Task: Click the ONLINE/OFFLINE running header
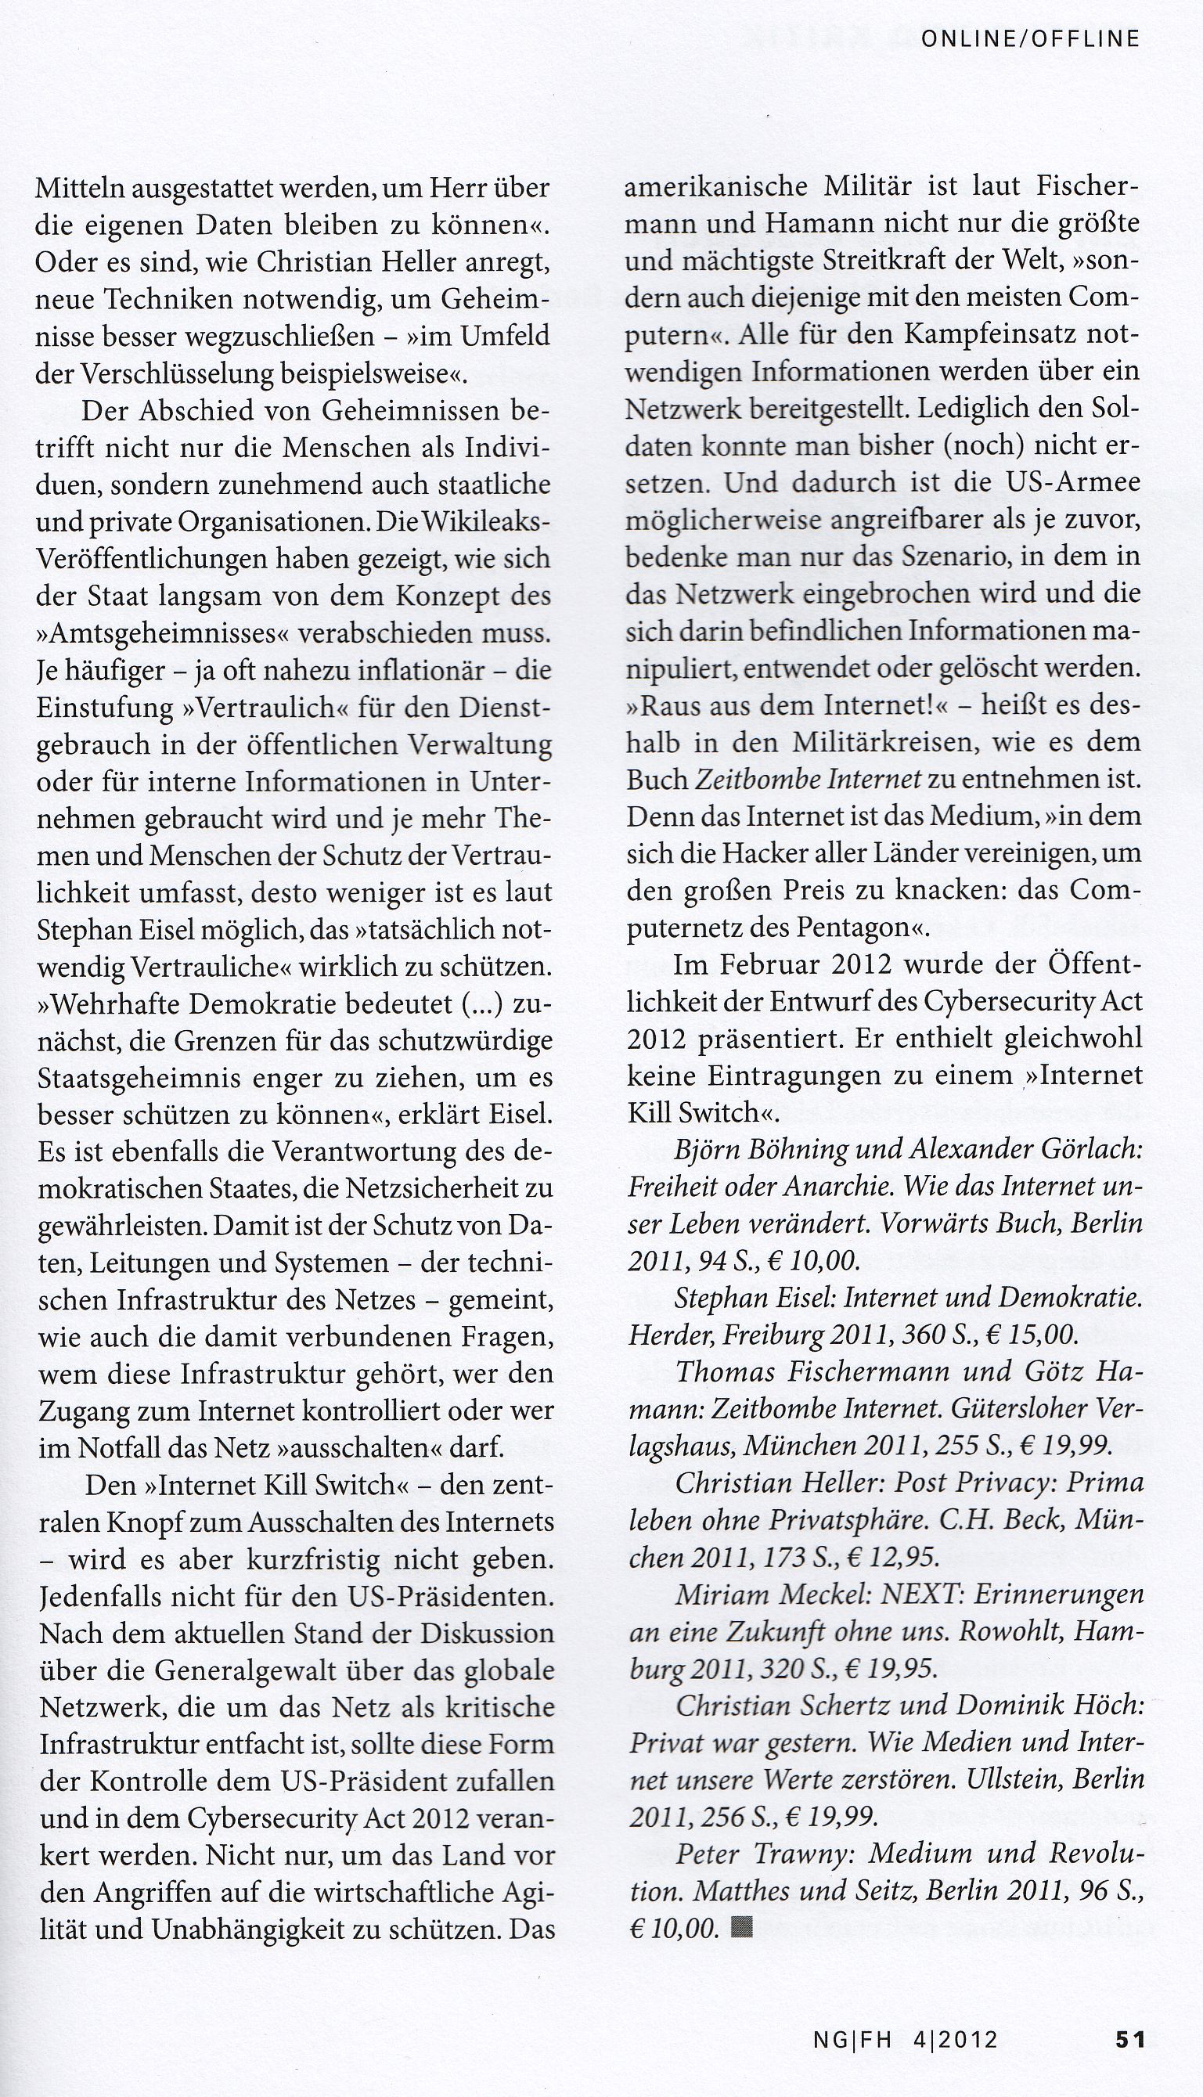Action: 1029,39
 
